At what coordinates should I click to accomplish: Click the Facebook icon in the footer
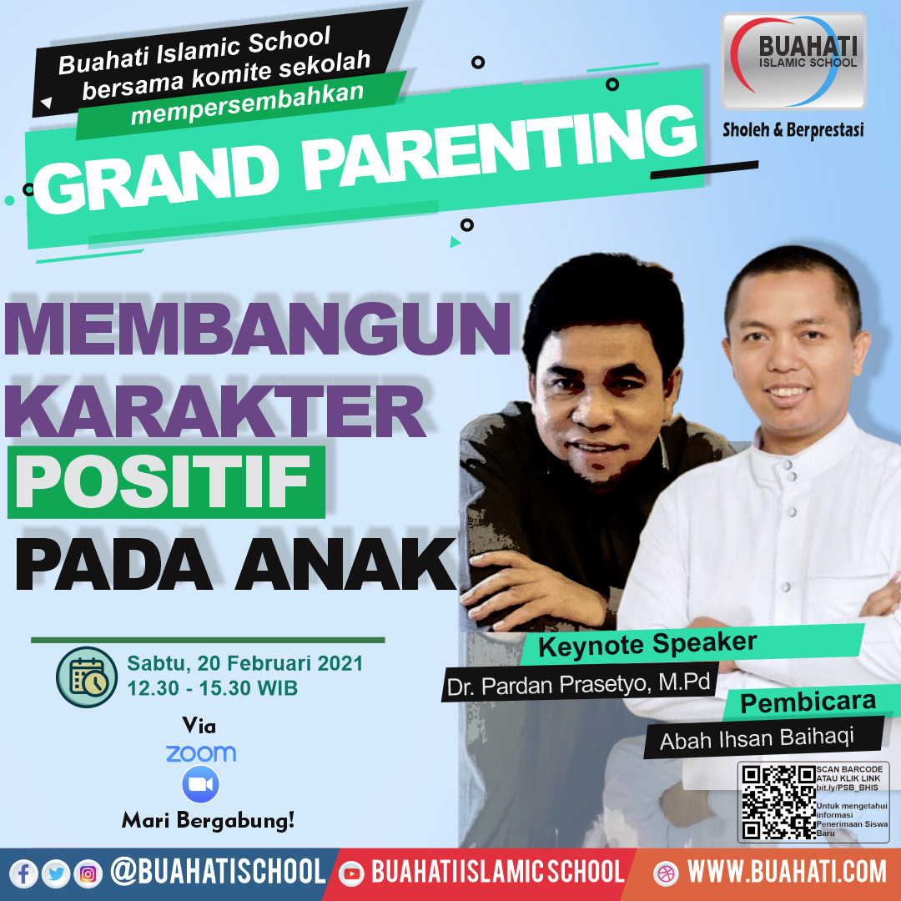pos(23,874)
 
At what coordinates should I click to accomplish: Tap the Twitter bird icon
pos(56,874)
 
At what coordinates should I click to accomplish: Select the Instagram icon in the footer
pos(88,874)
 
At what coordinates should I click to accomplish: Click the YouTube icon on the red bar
pos(351,874)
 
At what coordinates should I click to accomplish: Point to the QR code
pos(778,803)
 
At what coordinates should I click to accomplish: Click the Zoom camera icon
pos(200,784)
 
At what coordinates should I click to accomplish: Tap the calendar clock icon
pos(87,677)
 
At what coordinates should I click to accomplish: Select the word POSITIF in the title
pos(163,481)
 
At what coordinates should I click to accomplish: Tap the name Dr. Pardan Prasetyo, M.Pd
pos(579,684)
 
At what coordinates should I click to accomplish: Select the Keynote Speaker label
pos(647,645)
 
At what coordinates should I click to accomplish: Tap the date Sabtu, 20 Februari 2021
pos(244,664)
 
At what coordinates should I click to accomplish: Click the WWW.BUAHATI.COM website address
pos(787,872)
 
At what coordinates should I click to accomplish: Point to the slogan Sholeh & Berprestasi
pos(793,130)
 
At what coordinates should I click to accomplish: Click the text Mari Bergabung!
pos(208,820)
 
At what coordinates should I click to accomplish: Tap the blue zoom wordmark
pos(200,753)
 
